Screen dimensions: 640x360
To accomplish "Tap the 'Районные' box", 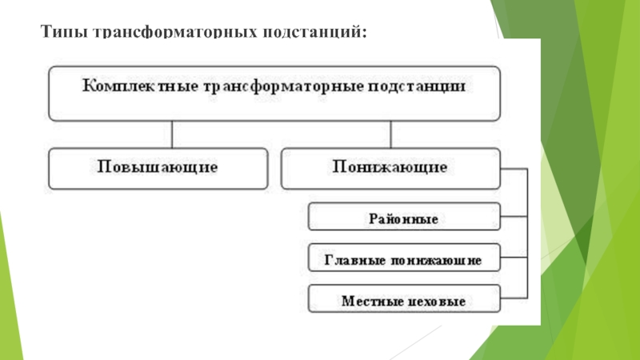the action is coord(404,218).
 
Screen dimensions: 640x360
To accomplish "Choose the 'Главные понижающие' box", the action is coord(404,259).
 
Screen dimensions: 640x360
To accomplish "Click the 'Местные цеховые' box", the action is coord(404,301).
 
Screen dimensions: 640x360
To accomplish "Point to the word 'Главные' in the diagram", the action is coord(353,260).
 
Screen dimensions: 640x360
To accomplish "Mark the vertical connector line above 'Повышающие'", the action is coord(171,134).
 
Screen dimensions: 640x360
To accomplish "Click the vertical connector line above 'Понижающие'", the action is coord(390,134).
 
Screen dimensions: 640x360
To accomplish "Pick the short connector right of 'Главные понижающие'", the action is coord(514,259).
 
